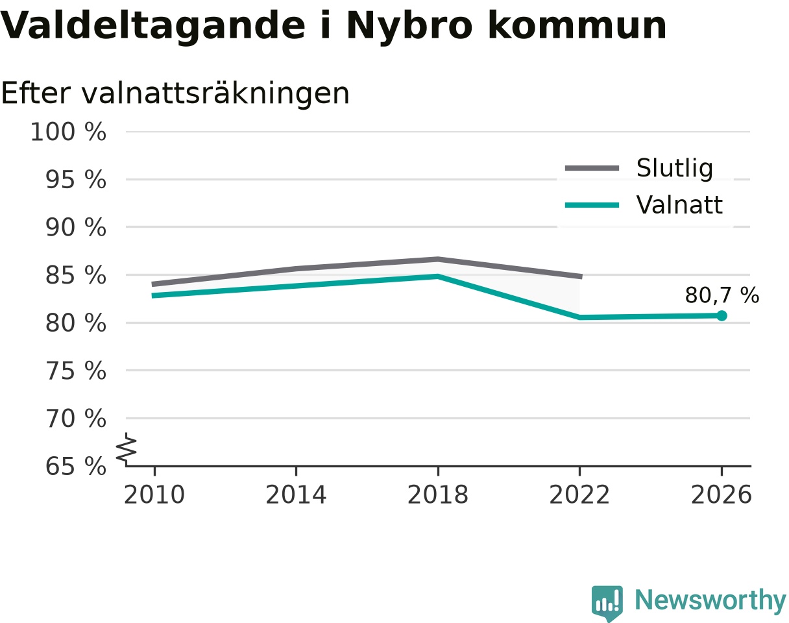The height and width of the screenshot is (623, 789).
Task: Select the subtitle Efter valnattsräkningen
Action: click(175, 94)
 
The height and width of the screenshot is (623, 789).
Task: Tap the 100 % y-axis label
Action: click(68, 132)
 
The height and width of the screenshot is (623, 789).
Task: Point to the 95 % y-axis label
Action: click(75, 180)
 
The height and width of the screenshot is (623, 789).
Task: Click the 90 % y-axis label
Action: click(75, 228)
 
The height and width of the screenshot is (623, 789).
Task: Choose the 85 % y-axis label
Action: click(75, 275)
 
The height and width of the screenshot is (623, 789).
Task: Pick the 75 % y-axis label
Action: click(75, 371)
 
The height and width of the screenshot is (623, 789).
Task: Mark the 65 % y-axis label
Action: click(75, 467)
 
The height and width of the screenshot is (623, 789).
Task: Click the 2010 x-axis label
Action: click(154, 495)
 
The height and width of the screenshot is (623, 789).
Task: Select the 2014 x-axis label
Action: click(296, 495)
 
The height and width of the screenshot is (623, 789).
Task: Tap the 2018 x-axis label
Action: click(438, 495)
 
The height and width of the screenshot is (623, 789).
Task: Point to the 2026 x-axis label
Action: click(721, 495)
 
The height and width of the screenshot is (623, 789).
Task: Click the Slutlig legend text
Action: click(675, 169)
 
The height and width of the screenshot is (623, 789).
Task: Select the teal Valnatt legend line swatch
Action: click(592, 205)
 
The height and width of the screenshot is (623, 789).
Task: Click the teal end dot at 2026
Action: click(722, 315)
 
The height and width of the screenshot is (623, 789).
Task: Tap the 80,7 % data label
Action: click(722, 295)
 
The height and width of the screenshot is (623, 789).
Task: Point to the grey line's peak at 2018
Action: click(438, 260)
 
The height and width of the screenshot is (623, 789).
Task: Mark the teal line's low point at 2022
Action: click(579, 317)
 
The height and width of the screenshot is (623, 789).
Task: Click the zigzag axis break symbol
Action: click(127, 447)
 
